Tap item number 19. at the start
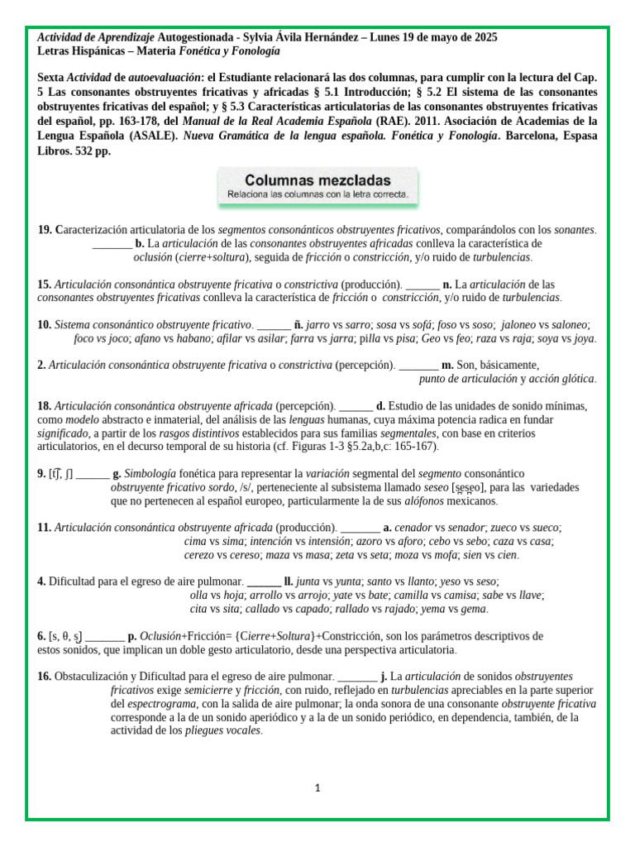45,229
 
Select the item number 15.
45,284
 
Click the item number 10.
45,325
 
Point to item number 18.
45,405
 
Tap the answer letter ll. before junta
289,581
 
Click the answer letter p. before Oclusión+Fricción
131,636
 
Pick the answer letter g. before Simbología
117,474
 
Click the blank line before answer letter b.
112,243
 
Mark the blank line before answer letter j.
357,676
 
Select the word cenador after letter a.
414,527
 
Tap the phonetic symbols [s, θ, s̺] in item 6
65,636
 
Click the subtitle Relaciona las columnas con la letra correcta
317,195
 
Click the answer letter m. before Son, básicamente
447,365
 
